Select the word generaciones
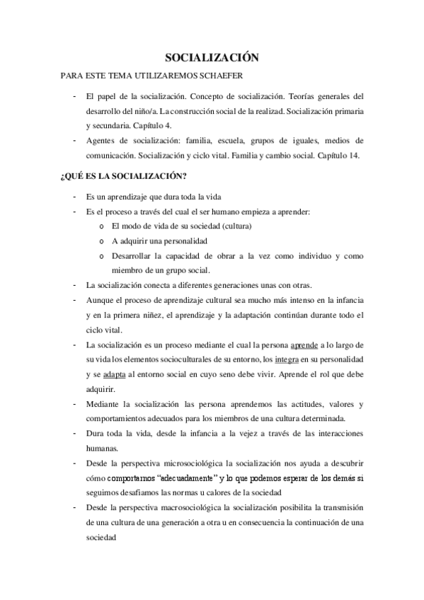coord(235,285)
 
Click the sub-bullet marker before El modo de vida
coord(102,226)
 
